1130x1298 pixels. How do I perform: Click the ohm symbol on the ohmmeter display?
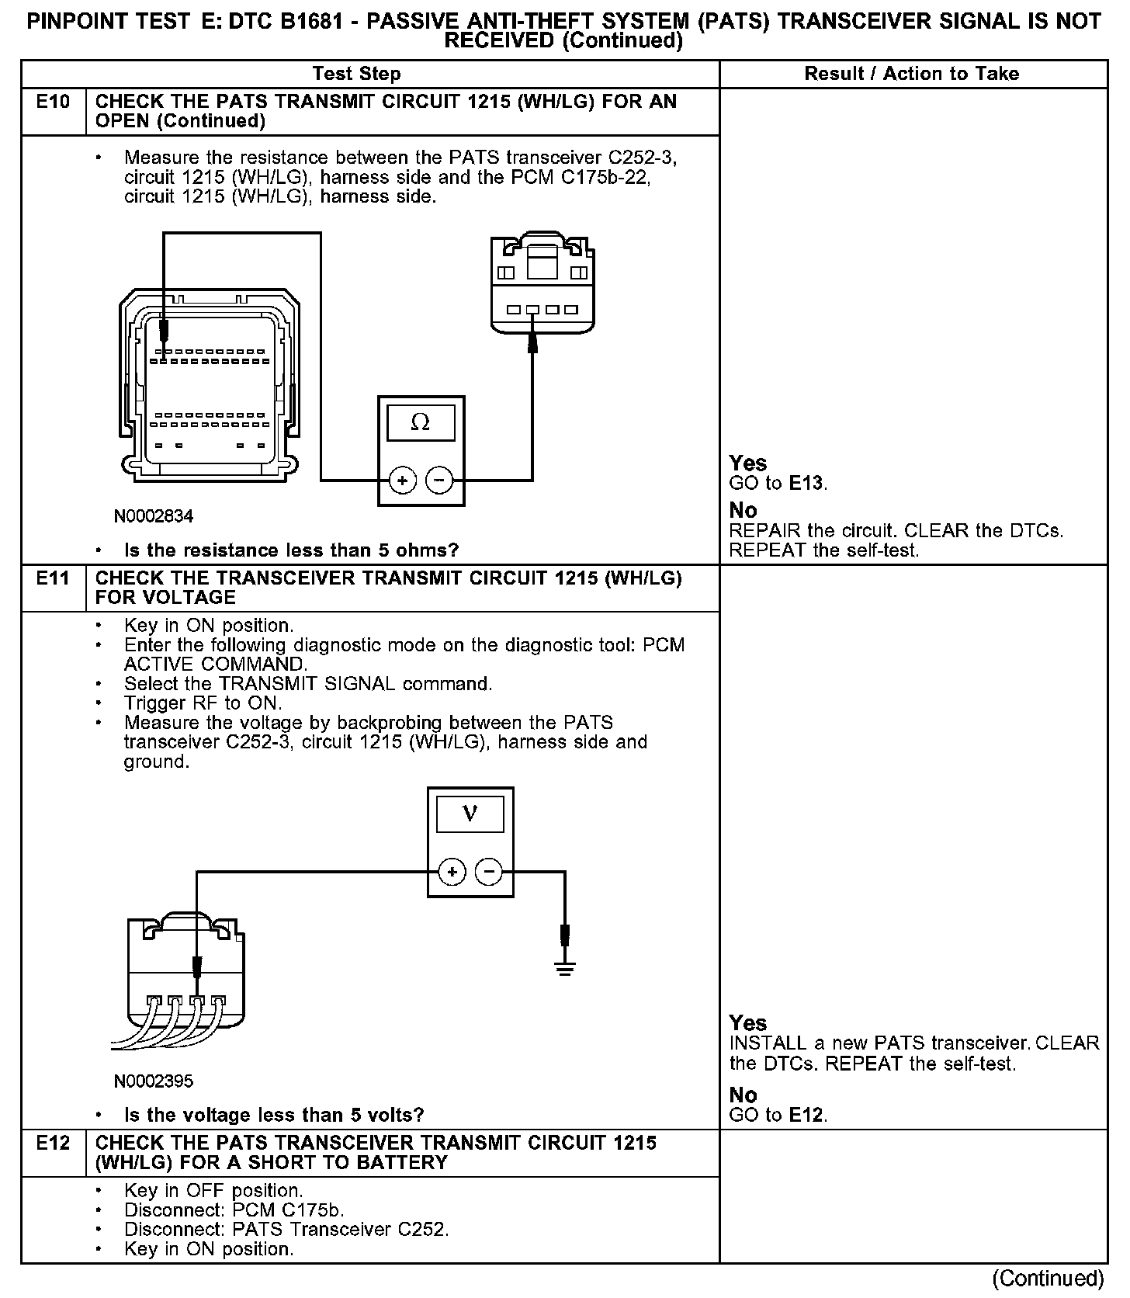pos(420,422)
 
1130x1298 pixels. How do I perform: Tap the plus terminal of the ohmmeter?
pos(402,481)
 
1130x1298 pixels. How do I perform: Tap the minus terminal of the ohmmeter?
pos(439,481)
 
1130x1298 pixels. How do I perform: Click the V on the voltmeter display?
pos(470,814)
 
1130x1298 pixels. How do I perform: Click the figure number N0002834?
pos(154,516)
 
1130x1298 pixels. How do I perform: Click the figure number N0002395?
pos(154,1081)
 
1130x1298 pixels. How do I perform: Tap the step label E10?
pos(53,102)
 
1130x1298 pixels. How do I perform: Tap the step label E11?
pos(53,578)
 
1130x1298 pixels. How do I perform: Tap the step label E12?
pos(53,1143)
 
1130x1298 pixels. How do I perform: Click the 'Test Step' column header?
pos(357,74)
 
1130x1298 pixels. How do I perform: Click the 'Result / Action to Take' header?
pos(912,74)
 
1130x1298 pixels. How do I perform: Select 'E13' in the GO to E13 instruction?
pos(806,483)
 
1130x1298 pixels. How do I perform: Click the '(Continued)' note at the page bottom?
pos(1048,1278)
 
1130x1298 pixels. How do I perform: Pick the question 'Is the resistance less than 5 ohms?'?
pos(291,550)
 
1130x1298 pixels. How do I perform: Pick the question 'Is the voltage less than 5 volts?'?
pos(274,1116)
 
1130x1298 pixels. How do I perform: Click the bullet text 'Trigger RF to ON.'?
pos(203,703)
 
